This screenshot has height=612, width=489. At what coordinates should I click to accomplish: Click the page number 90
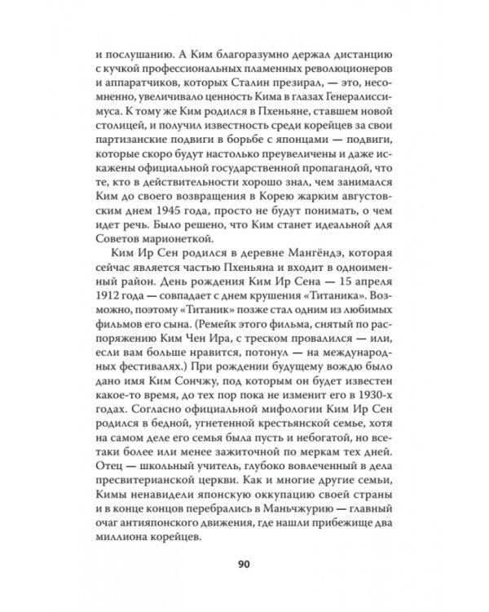(x=244, y=561)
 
